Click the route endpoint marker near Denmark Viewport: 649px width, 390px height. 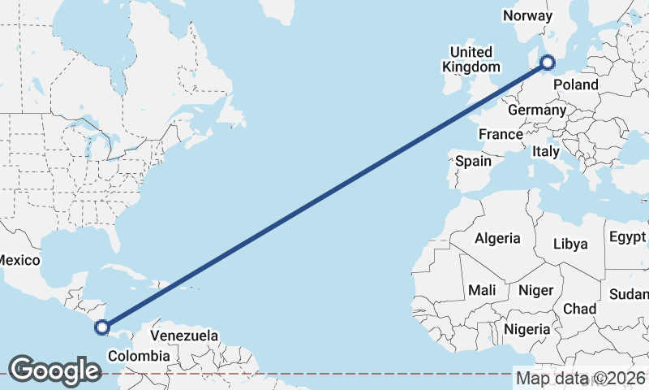548,62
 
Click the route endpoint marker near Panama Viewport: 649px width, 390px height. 102,327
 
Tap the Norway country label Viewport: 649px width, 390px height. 527,15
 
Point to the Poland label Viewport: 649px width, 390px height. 575,84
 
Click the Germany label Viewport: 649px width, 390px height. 537,110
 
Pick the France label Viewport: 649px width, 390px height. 499,134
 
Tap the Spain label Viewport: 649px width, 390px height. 473,161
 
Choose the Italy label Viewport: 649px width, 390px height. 546,151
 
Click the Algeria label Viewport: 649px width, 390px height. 496,238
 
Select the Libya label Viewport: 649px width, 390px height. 569,244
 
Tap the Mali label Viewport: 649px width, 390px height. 482,290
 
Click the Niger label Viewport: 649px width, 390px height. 535,290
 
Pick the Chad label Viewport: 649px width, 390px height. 579,309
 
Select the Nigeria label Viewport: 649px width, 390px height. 527,329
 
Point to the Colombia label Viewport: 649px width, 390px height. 139,356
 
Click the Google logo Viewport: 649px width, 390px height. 54,370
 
